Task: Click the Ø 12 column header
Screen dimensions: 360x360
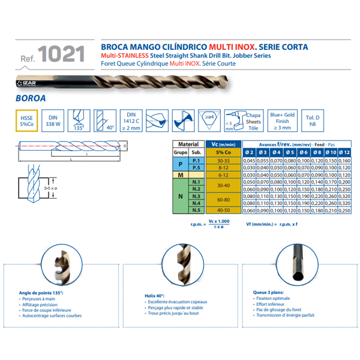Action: pos(344,153)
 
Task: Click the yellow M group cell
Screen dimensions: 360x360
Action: pos(179,175)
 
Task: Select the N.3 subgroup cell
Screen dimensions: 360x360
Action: pos(194,196)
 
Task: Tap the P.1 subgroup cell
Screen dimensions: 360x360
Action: pos(194,160)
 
